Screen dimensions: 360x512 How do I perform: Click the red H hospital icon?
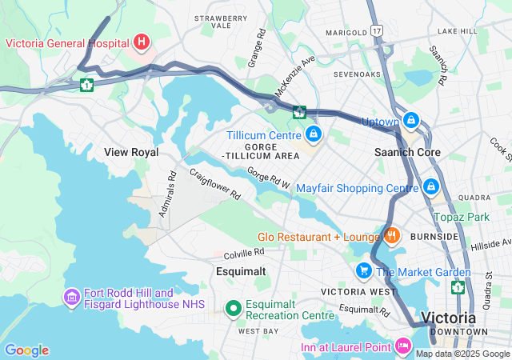click(142, 41)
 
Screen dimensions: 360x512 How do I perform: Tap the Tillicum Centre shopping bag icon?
click(313, 133)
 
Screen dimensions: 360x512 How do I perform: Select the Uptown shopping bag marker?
click(410, 120)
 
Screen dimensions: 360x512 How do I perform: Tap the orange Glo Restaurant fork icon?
click(391, 235)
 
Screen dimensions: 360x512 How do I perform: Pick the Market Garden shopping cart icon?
click(364, 270)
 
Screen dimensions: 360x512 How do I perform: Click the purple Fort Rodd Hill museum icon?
click(70, 297)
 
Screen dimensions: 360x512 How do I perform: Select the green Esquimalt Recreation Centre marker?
click(233, 307)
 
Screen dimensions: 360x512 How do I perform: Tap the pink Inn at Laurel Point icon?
click(402, 346)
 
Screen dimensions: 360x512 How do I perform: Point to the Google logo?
click(26, 350)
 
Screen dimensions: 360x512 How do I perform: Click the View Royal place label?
click(131, 152)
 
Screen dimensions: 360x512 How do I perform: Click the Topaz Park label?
click(461, 217)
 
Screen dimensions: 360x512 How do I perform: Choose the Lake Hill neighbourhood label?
click(457, 30)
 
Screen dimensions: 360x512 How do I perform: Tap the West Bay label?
click(258, 330)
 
